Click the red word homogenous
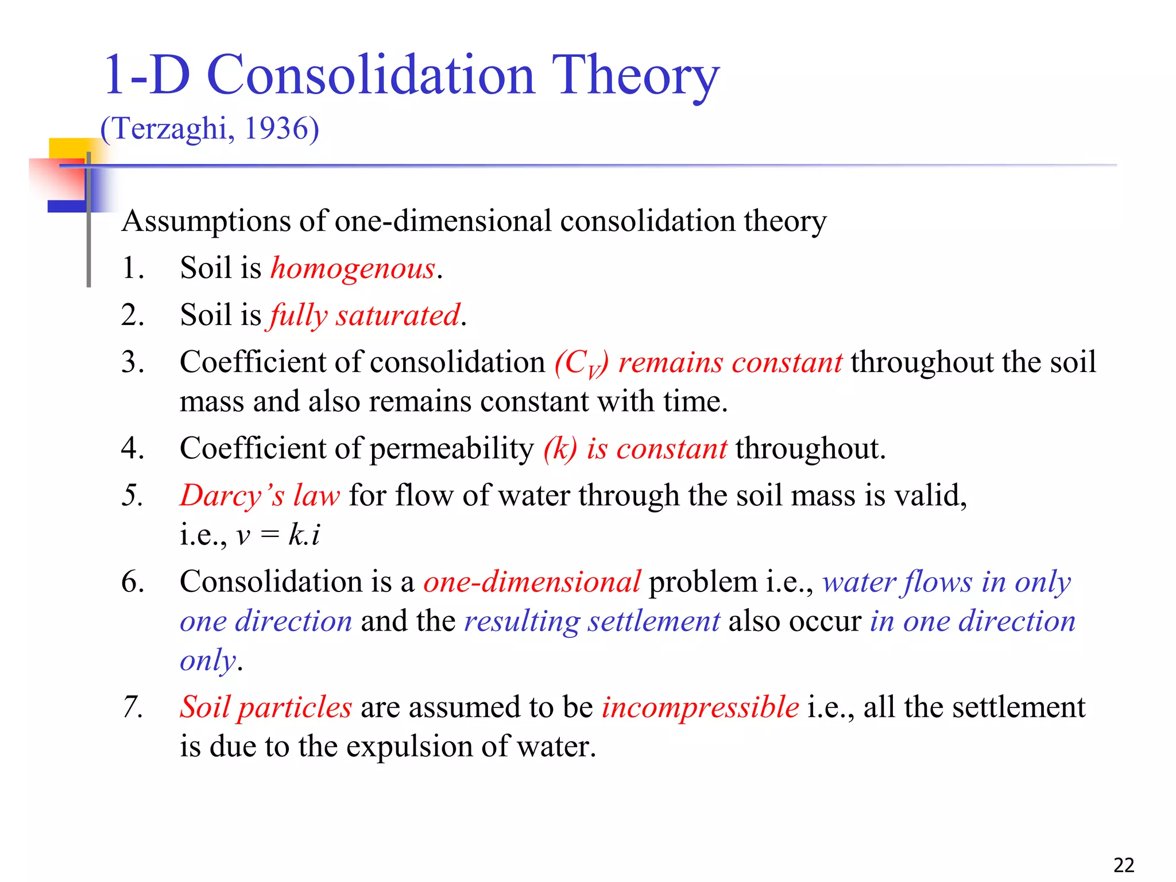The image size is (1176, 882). tap(353, 268)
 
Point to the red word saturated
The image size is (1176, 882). tap(398, 315)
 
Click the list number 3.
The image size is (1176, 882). tap(132, 362)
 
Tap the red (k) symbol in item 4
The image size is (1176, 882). tap(560, 448)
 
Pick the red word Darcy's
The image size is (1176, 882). tap(232, 496)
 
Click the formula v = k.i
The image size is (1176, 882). tap(278, 535)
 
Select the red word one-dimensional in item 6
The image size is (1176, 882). tap(532, 582)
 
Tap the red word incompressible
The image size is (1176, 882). tap(700, 707)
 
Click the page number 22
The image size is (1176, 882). tap(1123, 865)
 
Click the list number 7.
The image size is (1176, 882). tap(132, 707)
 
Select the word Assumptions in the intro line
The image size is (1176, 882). tap(206, 222)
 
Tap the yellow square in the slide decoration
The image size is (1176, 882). tap(68, 149)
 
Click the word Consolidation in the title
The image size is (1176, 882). tap(370, 76)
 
